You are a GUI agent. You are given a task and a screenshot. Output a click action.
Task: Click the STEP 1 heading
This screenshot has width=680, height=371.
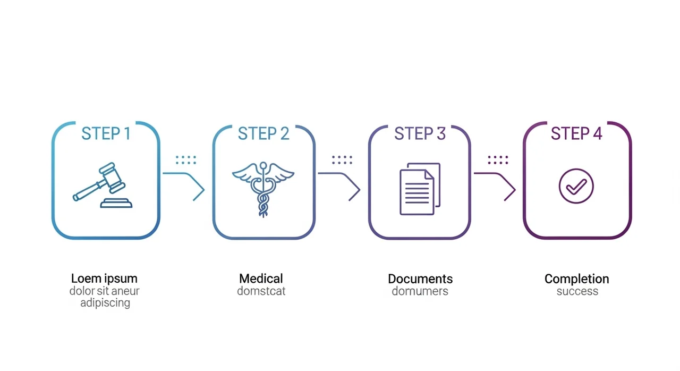point(106,133)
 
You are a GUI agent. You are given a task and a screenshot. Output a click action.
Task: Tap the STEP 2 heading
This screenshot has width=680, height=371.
point(263,133)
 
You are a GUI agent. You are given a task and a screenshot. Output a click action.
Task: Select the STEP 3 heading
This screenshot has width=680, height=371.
point(420,133)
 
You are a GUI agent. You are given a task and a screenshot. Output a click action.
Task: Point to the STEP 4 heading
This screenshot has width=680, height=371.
point(576,133)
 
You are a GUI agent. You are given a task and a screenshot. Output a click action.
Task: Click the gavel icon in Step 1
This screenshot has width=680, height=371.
point(103,185)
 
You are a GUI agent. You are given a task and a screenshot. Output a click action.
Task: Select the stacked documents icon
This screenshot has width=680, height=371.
point(420,189)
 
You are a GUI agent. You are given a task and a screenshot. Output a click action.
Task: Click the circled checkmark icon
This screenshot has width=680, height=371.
point(576,186)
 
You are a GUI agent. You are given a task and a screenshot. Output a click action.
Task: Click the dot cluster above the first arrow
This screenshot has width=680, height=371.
point(186,160)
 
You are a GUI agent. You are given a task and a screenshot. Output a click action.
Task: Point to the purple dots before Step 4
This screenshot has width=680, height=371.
point(498,160)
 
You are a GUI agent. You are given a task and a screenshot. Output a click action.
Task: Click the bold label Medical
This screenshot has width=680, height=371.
point(261,279)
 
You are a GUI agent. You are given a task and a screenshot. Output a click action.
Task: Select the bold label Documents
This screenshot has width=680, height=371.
point(420,279)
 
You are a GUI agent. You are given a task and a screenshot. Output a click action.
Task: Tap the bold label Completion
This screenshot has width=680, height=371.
point(577,279)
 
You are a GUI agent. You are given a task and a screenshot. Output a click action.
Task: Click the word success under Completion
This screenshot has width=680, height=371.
point(577,291)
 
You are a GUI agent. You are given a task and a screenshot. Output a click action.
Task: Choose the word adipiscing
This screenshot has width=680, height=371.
point(105,303)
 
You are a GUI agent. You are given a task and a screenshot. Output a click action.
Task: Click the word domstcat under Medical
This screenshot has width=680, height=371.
point(261,291)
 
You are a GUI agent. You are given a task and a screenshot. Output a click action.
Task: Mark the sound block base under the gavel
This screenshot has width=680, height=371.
point(116,203)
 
